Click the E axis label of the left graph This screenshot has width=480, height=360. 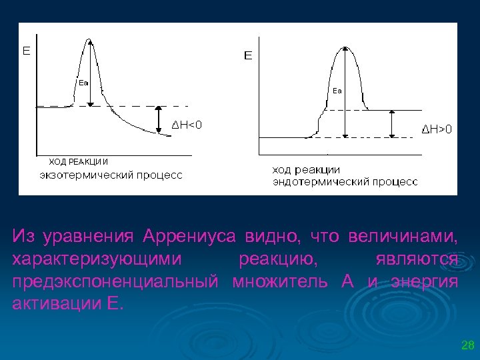coord(27,50)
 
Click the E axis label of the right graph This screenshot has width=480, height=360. coord(248,56)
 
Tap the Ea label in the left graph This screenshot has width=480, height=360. coord(83,83)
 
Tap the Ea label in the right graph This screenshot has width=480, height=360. coord(337,90)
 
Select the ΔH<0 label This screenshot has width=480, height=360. coord(187,124)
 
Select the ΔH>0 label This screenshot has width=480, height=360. coord(437,129)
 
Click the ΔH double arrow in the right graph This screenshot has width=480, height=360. coord(391,123)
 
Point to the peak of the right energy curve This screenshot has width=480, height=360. coord(345,48)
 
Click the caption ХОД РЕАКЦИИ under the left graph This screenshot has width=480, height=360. coord(79,161)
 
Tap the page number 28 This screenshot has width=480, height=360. coord(467,345)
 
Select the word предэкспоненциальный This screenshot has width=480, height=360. coord(115,281)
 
